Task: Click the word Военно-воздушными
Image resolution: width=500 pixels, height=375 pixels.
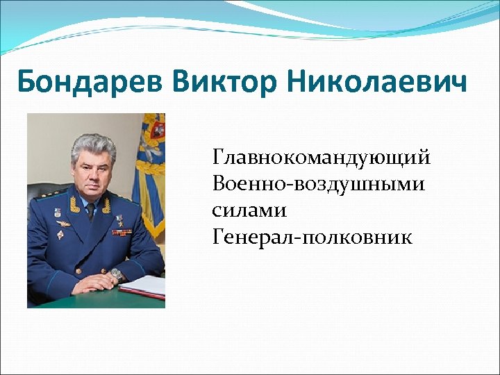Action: pos(320,184)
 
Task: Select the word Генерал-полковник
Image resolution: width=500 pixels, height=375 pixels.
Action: pos(312,237)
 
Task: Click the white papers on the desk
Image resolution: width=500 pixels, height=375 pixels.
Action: pos(148,285)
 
